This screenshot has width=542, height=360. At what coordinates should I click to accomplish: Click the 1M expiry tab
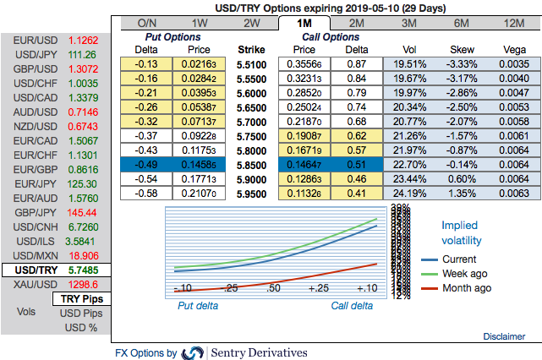(304, 23)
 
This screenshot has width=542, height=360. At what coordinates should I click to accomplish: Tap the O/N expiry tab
(145, 23)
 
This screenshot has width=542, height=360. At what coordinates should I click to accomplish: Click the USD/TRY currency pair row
(54, 270)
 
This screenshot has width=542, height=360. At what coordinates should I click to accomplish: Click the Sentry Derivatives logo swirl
(194, 352)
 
